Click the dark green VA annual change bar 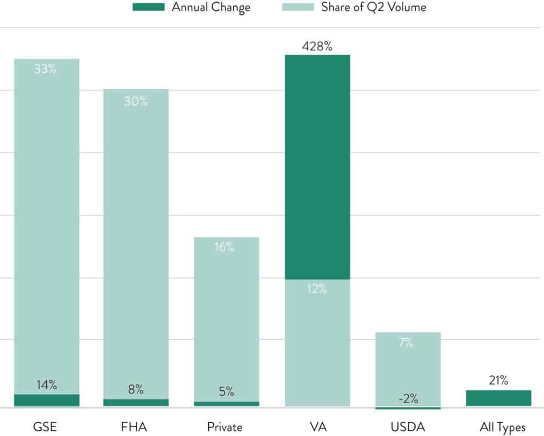pos(317,167)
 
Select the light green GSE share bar pos(47,228)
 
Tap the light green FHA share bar pos(136,244)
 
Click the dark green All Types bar pos(498,398)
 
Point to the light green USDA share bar pos(407,372)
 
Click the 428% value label pos(317,46)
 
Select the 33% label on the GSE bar pos(45,69)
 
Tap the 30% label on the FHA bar pos(136,101)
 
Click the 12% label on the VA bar pos(317,289)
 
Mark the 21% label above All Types pos(498,380)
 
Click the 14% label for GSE pos(47,385)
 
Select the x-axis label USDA pos(407,427)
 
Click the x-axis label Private pos(225,427)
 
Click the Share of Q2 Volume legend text pos(373,7)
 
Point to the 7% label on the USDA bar pos(406,343)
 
